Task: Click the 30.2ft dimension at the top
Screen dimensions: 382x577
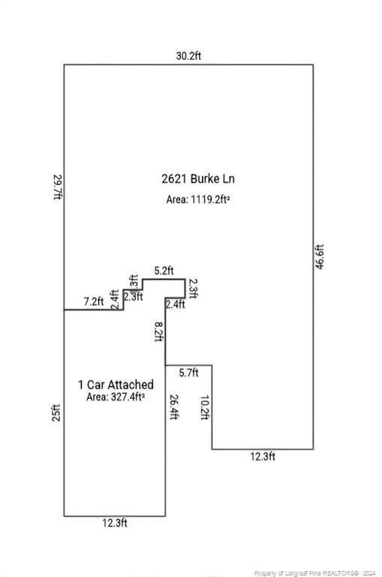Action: pos(188,56)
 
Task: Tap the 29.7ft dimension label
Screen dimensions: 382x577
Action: pos(58,187)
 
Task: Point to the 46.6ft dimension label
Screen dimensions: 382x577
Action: pos(320,257)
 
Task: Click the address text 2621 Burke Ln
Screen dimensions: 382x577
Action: pos(198,179)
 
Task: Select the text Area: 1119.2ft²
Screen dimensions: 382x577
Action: pos(198,199)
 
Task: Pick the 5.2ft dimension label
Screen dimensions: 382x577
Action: pos(164,270)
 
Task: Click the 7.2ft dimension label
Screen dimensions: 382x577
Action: pos(94,302)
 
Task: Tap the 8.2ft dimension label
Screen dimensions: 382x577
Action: pos(159,332)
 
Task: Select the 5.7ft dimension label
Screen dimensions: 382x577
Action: pos(188,373)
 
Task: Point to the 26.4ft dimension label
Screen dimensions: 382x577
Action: pos(174,407)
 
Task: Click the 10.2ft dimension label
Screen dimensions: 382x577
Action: pos(205,408)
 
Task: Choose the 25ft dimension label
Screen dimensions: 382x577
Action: pos(56,413)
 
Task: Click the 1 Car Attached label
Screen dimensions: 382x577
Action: pos(116,385)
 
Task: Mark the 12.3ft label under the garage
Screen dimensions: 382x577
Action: pos(115,523)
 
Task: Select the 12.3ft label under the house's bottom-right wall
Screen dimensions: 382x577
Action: pos(263,457)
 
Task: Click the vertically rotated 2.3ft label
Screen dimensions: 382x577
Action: pos(193,288)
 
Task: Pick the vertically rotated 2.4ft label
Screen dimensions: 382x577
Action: pos(115,300)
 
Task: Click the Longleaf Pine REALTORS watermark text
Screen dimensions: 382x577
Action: pos(315,573)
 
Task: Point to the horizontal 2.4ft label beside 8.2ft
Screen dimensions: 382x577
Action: pos(175,305)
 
